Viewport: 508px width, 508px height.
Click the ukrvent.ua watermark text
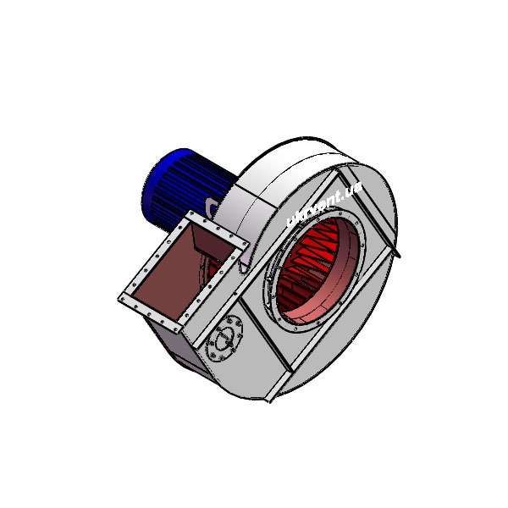coord(324,204)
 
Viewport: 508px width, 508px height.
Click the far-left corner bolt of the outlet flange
coord(122,299)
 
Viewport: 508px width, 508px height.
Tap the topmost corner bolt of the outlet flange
coord(191,214)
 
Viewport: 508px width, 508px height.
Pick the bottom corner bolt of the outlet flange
coord(176,330)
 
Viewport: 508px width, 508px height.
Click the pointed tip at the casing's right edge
coord(400,257)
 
